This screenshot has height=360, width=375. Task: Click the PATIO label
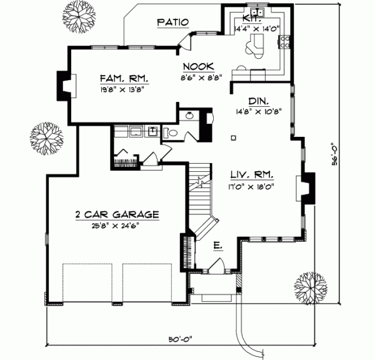pos(172,22)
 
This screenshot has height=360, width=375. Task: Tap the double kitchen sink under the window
pos(257,13)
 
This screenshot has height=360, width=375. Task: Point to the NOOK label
pos(199,67)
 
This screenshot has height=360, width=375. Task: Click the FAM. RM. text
pos(123,79)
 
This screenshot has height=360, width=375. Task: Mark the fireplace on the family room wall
pos(65,84)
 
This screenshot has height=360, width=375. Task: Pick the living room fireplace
pos(308,188)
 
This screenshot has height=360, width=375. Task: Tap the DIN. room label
pos(257,101)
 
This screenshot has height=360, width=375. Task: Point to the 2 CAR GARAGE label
pos(117,214)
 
